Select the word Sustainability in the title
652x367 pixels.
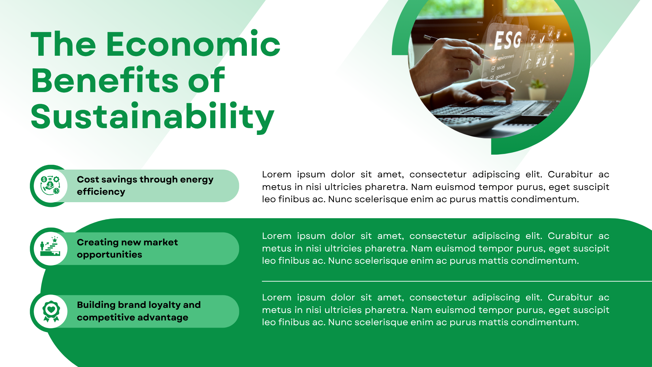coord(152,117)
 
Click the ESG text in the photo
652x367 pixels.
coord(508,40)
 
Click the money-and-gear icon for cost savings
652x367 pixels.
coord(50,186)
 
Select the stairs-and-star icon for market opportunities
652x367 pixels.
coord(50,246)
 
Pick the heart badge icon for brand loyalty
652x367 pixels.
coord(51,311)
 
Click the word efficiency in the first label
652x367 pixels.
coord(101,192)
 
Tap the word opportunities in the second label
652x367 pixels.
coord(109,255)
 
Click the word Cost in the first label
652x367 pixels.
coord(88,179)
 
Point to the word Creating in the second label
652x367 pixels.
coord(98,242)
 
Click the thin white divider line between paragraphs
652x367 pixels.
coord(457,281)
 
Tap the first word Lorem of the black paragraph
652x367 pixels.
coord(276,174)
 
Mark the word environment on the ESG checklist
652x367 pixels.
coord(506,57)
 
